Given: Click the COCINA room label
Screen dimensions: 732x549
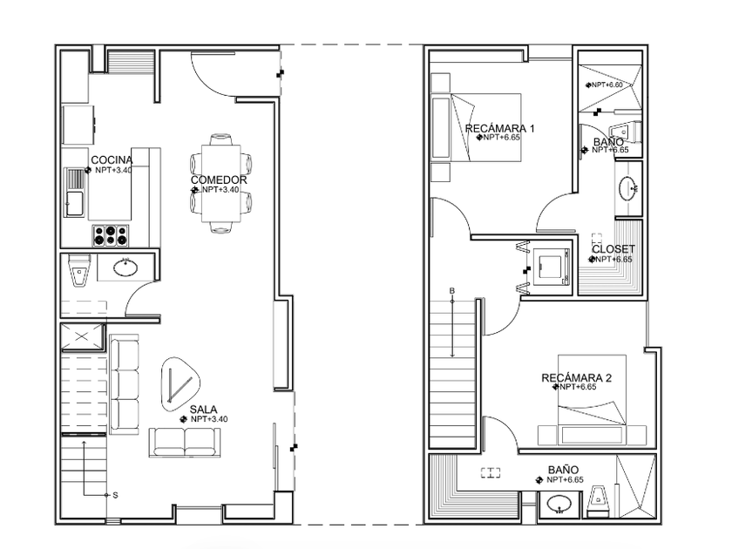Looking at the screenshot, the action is (x=112, y=160).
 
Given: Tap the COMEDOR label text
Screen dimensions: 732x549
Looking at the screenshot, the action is (x=219, y=180).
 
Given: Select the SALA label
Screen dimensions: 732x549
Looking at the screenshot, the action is (x=203, y=410).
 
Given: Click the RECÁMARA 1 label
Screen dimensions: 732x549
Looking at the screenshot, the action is (x=500, y=128).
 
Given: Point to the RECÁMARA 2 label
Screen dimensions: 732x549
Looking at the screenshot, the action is (x=577, y=377).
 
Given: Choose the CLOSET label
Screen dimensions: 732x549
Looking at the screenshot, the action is (x=613, y=249).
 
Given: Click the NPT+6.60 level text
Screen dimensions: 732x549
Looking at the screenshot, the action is (x=607, y=85).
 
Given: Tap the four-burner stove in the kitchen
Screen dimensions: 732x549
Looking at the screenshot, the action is (x=110, y=235).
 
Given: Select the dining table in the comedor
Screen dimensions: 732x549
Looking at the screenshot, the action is (x=221, y=184).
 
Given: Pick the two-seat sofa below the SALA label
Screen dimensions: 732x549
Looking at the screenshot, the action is (x=185, y=442).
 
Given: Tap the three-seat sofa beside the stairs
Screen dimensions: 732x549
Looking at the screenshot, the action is (x=124, y=384).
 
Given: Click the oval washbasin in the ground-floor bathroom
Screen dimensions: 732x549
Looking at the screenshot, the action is (x=125, y=268).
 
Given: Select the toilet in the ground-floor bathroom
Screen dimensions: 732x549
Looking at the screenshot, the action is (x=79, y=270).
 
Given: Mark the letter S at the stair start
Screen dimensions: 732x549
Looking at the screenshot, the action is (x=115, y=495).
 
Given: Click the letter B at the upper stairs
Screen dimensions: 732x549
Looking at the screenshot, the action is (x=452, y=291).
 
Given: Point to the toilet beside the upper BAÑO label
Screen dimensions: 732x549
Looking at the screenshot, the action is (x=626, y=132).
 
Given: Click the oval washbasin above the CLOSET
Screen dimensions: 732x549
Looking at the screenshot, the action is (x=628, y=188).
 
